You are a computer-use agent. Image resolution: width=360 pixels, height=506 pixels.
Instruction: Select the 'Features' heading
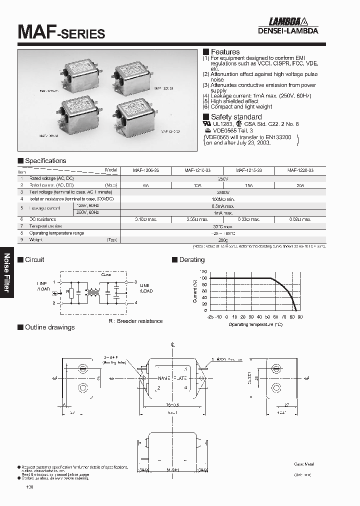coord(225,52)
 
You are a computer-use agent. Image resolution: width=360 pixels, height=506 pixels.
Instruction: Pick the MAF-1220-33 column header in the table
coord(300,170)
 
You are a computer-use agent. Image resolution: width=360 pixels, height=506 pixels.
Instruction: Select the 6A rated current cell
coord(145,184)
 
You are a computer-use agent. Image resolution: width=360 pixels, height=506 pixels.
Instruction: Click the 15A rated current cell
coord(249,184)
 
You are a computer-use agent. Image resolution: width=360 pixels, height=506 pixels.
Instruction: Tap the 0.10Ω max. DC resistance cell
coord(145,219)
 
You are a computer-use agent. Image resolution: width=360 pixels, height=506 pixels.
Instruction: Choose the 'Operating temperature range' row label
coord(56,233)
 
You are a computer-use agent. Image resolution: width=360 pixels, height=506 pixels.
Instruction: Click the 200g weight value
coord(223,240)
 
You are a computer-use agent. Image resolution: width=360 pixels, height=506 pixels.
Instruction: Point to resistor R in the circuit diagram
coord(71,292)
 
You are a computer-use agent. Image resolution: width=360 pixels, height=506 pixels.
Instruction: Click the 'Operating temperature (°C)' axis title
coord(255,324)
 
